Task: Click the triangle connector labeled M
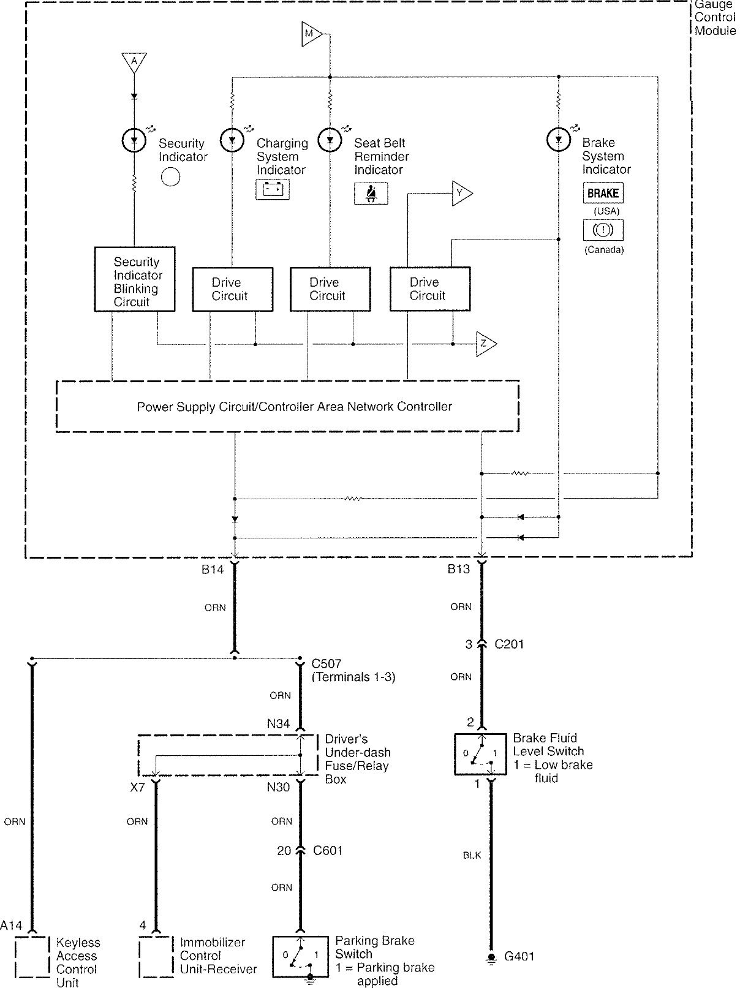tap(311, 34)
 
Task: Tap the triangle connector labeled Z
tap(485, 344)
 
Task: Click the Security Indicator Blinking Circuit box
tap(135, 279)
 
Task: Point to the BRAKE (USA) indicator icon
tap(603, 193)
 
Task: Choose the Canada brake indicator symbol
tap(603, 230)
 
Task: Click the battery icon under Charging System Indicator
tap(273, 189)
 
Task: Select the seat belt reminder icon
tap(371, 194)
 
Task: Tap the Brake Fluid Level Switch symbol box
tap(481, 755)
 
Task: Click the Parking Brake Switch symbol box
tap(300, 956)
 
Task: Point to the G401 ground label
tap(519, 956)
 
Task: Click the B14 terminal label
tap(213, 569)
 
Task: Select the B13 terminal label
tap(458, 569)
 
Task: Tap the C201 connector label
tap(509, 644)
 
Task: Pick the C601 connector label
tap(328, 851)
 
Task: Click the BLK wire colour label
tap(472, 855)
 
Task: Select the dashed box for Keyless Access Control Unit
tap(32, 957)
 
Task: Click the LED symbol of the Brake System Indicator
tap(558, 140)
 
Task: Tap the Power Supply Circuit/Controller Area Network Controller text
tap(294, 407)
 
